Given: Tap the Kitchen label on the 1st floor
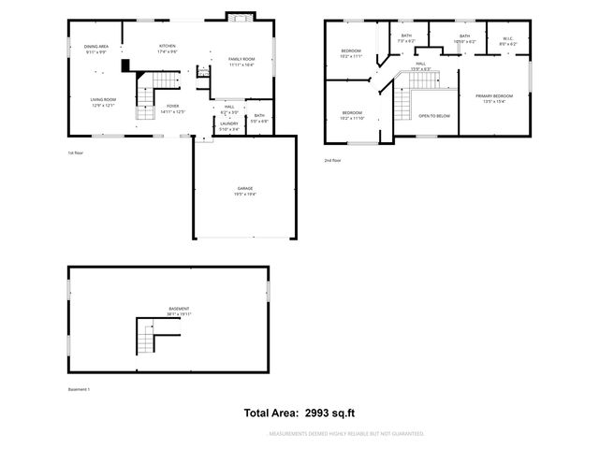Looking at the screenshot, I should [x=168, y=47].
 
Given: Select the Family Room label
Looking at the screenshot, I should [x=241, y=60].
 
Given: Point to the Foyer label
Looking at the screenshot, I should [x=172, y=108].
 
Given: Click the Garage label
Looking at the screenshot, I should [x=244, y=190].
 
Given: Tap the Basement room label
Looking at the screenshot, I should [x=178, y=310].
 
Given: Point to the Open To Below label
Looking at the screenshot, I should [x=434, y=116].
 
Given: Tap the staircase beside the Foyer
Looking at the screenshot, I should [x=147, y=101].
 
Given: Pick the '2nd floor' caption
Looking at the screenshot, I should [x=333, y=160].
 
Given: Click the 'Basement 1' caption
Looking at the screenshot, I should [x=80, y=389].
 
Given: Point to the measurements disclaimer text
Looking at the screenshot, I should [x=346, y=434].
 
